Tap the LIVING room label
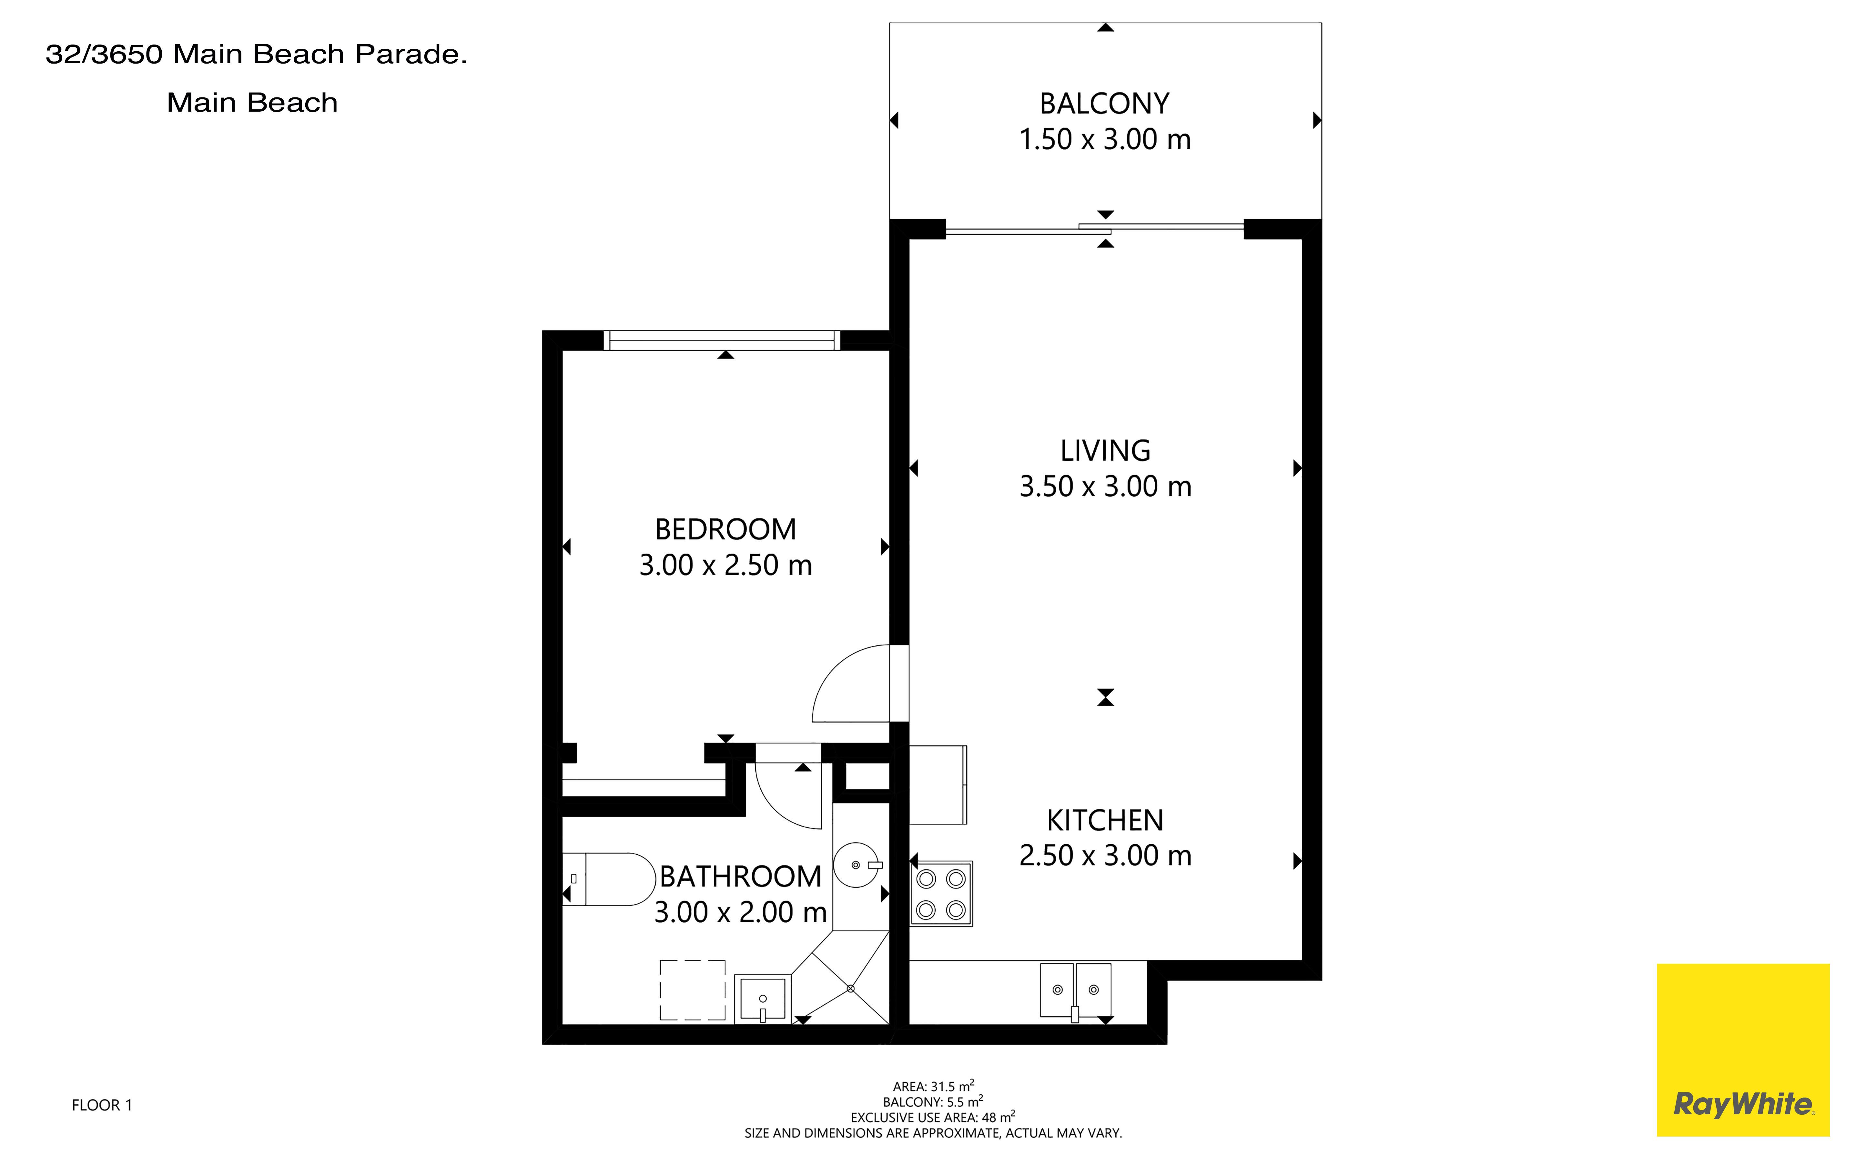click(x=1105, y=450)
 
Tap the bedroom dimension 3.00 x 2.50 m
click(x=725, y=565)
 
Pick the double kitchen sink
click(x=1075, y=991)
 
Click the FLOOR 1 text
click(x=102, y=1105)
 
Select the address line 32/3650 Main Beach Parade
click(x=256, y=54)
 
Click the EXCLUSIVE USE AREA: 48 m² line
click(x=933, y=1117)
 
